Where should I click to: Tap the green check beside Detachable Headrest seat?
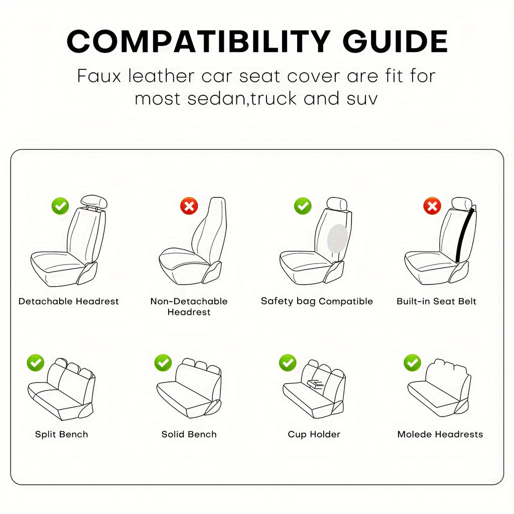tap(60, 205)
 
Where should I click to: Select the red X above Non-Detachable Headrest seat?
tap(189, 205)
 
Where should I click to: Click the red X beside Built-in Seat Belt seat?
tap(432, 205)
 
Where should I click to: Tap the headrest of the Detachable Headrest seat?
tap(94, 201)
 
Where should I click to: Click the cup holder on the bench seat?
tap(315, 385)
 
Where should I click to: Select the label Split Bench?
tap(61, 434)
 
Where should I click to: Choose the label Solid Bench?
tap(189, 434)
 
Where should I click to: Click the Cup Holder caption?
tap(314, 434)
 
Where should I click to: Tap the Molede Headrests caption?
tap(440, 434)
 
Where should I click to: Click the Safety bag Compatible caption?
tap(317, 301)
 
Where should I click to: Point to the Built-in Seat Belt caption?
tap(436, 301)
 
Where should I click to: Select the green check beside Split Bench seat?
tap(36, 362)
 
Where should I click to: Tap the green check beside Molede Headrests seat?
tap(412, 362)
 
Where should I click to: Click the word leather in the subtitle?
tap(160, 76)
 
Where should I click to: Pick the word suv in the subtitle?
tap(359, 98)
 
